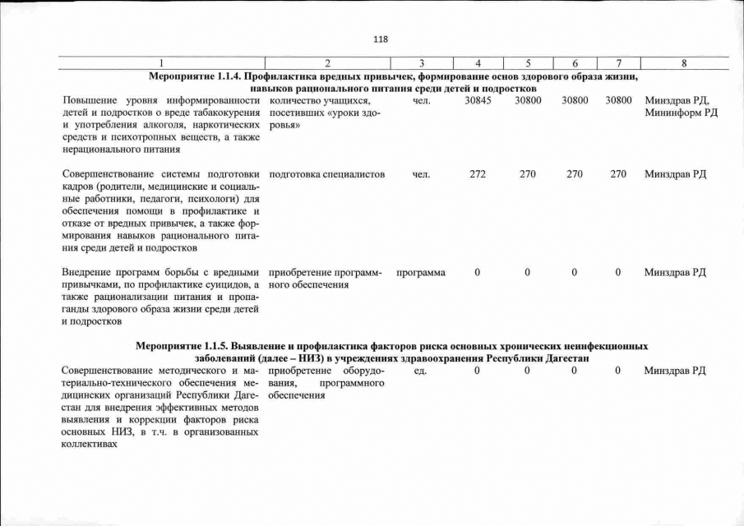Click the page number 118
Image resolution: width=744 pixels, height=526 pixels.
[x=380, y=39]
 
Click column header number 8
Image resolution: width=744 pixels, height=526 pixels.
[x=684, y=63]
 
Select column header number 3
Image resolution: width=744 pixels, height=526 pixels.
[x=420, y=63]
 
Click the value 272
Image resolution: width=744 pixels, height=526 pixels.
[x=478, y=174]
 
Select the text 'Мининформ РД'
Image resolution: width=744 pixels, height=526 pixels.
[x=682, y=113]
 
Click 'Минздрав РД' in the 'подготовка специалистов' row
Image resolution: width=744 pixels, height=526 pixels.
[x=676, y=174]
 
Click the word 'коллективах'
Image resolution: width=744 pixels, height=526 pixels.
[x=90, y=445]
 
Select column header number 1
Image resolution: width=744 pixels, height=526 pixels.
[x=161, y=63]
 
